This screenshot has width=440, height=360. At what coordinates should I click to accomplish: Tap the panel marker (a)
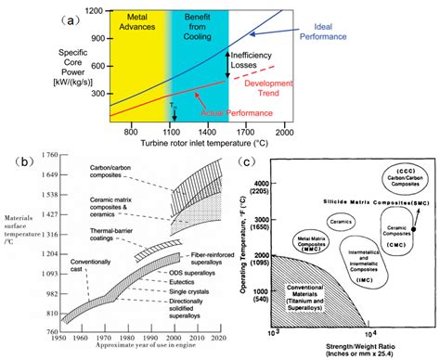[x=40, y=16]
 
